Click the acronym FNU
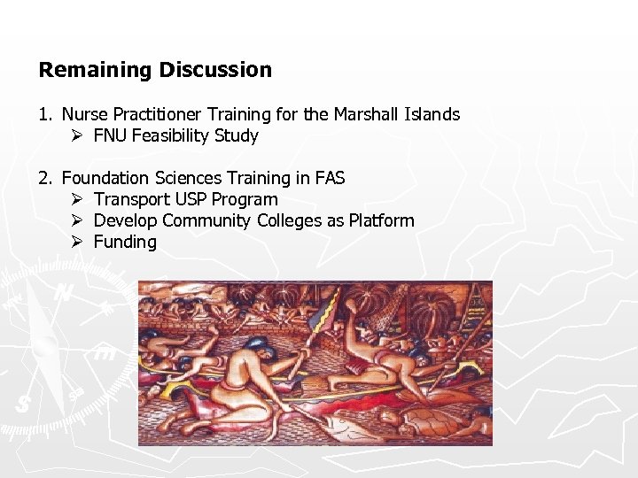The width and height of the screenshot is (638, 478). point(111,135)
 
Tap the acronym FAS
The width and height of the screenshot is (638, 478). point(329,178)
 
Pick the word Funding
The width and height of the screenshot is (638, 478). point(125,242)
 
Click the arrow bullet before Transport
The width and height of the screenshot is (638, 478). point(77,199)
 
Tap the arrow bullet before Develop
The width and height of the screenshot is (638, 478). point(77,220)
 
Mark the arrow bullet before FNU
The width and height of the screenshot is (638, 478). point(77,135)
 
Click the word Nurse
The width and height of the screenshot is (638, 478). point(84,114)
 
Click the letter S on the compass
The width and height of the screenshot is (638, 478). point(21,404)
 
